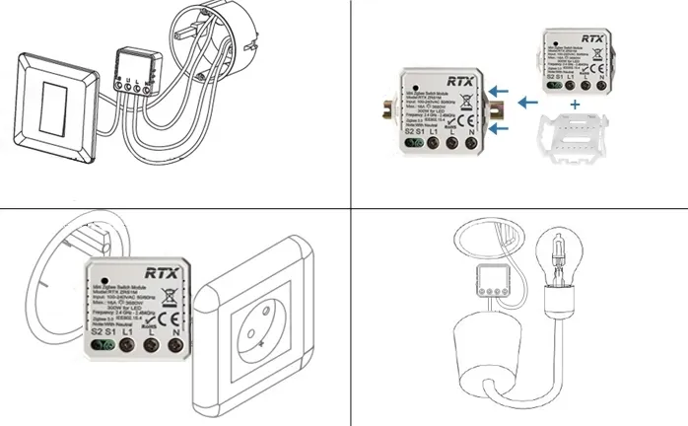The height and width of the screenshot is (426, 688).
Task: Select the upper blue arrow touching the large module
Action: [501, 92]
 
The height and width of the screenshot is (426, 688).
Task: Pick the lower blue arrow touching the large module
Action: [501, 126]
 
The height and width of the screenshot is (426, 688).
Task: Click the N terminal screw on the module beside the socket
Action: [175, 347]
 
